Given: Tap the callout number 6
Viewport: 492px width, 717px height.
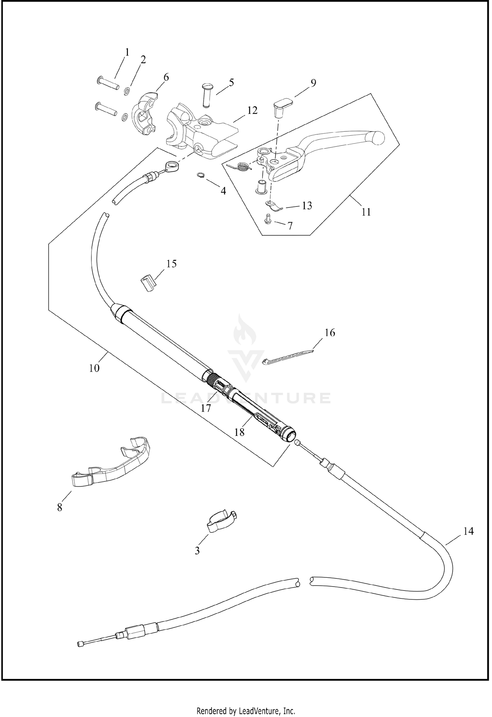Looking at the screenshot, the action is coord(166,77).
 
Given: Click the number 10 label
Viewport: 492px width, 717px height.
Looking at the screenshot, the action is coord(94,368).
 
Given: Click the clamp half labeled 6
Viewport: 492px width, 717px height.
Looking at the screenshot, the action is coord(145,113).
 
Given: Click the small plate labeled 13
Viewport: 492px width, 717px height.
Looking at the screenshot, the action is coord(273,206).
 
